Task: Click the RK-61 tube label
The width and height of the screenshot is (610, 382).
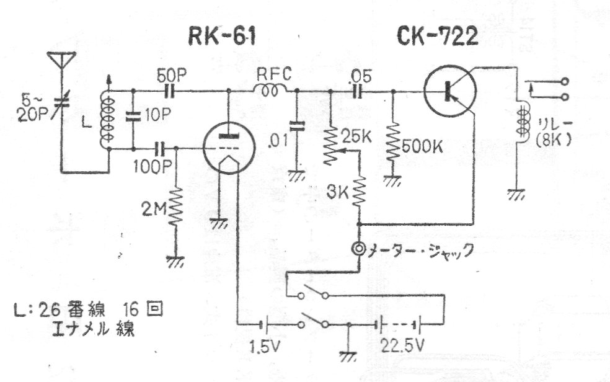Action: click(222, 38)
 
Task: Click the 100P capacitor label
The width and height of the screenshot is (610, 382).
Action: click(146, 166)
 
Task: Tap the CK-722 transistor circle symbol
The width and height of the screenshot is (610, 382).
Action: click(450, 92)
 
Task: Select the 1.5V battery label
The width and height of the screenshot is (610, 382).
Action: click(263, 344)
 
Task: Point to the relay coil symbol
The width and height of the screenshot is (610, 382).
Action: click(522, 124)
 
